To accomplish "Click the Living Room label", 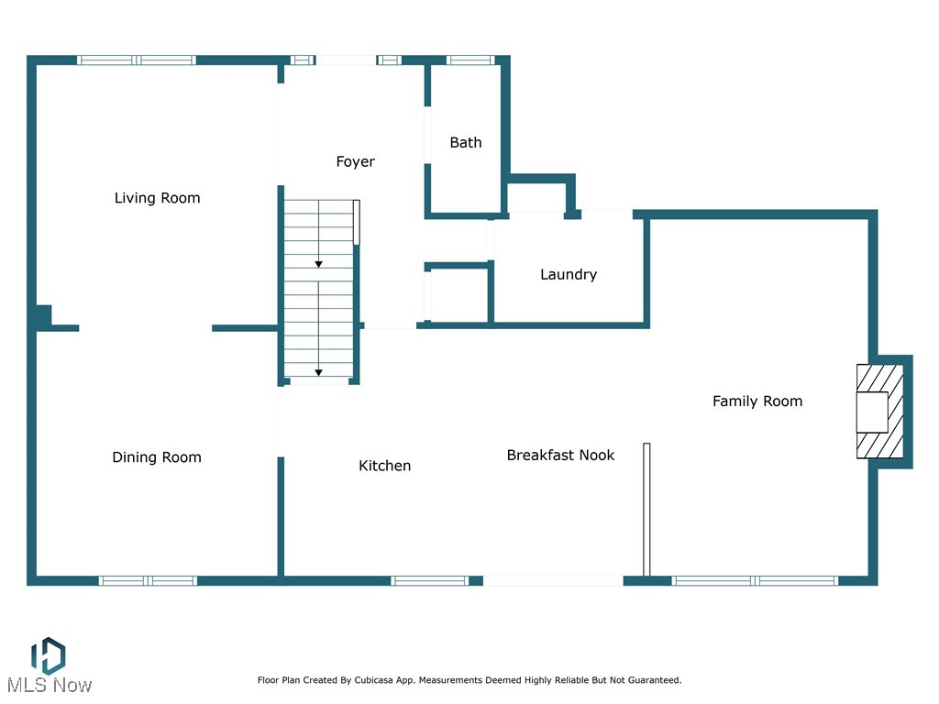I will tap(157, 198).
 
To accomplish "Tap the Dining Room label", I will tap(157, 457).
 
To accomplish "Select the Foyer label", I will tap(355, 161).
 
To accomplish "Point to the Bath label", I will tap(466, 142).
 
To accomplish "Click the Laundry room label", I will tap(569, 274).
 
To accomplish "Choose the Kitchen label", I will tap(384, 466).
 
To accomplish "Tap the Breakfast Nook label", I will tap(560, 455).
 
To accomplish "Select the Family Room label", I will tap(757, 401).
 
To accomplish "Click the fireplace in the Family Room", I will tap(878, 412).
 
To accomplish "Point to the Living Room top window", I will tap(137, 60).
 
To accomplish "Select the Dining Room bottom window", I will tap(148, 580).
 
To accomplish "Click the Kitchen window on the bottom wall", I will tap(429, 580).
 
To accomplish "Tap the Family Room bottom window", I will tap(755, 580).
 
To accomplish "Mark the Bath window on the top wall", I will tap(470, 60).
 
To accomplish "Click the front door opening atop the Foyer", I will tap(346, 60).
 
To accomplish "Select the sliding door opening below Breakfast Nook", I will tap(553, 580).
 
